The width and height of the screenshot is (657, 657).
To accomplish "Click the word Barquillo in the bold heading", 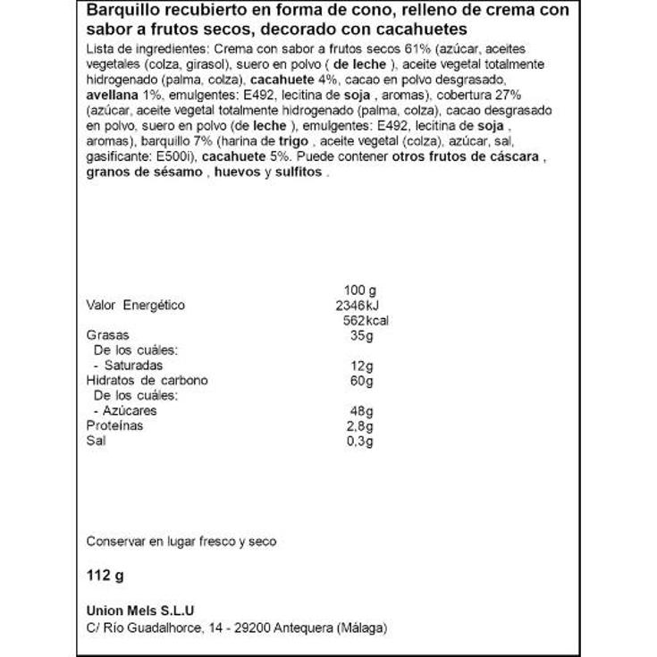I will pos(116,11).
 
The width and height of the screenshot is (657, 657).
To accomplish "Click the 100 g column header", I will pos(361,290).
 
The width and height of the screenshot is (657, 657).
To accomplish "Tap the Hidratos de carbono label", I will pos(147,380).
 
